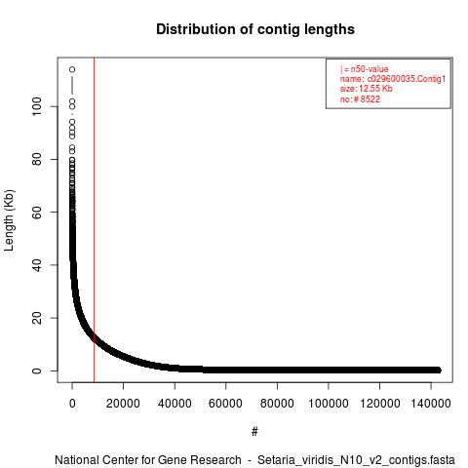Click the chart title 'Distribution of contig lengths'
[x=255, y=29]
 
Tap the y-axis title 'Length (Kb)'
[x=9, y=220]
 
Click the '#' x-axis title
[x=254, y=432]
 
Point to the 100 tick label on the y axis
[x=37, y=106]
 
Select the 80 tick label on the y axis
[x=37, y=159]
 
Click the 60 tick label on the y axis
[x=37, y=212]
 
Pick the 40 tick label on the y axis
[x=37, y=265]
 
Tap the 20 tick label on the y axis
[x=37, y=318]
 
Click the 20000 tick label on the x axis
[x=123, y=404]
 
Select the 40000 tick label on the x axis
[x=175, y=404]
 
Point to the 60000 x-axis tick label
[x=225, y=404]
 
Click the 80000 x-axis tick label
[x=277, y=404]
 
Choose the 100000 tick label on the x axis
[x=329, y=404]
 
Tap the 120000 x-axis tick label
[x=379, y=404]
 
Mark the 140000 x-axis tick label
[x=431, y=404]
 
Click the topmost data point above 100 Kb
[x=72, y=69]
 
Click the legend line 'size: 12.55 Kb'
[x=367, y=89]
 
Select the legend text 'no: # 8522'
[x=360, y=98]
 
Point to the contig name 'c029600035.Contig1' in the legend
[x=407, y=79]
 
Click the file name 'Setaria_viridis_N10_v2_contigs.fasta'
[x=356, y=460]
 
